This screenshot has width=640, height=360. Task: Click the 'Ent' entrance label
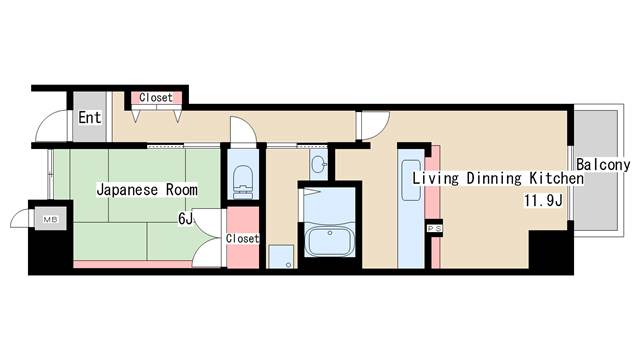[89, 118]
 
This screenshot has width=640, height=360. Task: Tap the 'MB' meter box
[51, 219]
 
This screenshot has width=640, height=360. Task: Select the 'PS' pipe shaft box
[434, 229]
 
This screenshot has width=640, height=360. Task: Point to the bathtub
[329, 241]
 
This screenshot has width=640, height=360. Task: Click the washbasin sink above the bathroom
[318, 165]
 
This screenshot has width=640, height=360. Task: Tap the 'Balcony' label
[603, 164]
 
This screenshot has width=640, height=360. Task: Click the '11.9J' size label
[543, 200]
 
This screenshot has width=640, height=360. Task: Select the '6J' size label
[185, 219]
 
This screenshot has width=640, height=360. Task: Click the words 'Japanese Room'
[147, 190]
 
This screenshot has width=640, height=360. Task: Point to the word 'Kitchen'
[556, 178]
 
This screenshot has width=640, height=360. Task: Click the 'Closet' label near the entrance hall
[156, 98]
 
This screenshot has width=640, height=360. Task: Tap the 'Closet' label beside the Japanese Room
[242, 238]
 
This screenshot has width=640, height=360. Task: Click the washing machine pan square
[281, 256]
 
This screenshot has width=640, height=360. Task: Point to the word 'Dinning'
[494, 178]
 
